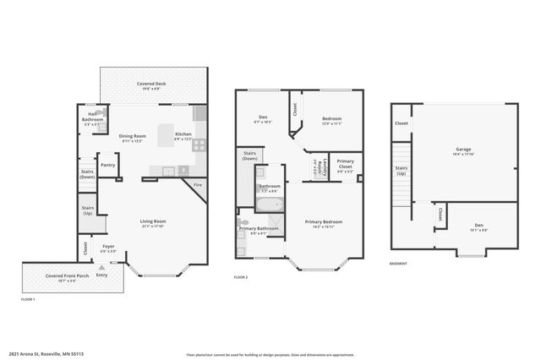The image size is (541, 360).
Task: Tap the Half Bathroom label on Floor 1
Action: click(x=93, y=119)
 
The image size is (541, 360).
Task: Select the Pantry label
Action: click(x=107, y=166)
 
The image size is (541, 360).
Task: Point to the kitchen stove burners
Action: click(x=200, y=145)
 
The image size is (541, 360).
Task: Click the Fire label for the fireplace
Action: click(x=198, y=184)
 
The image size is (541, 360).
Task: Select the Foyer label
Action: click(x=108, y=247)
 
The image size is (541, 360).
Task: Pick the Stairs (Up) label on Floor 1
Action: click(x=87, y=209)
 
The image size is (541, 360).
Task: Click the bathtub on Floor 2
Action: click(x=270, y=205)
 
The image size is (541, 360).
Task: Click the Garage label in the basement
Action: click(x=463, y=150)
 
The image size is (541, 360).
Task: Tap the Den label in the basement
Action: click(x=478, y=225)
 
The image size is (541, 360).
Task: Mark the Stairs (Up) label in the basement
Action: click(x=401, y=171)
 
